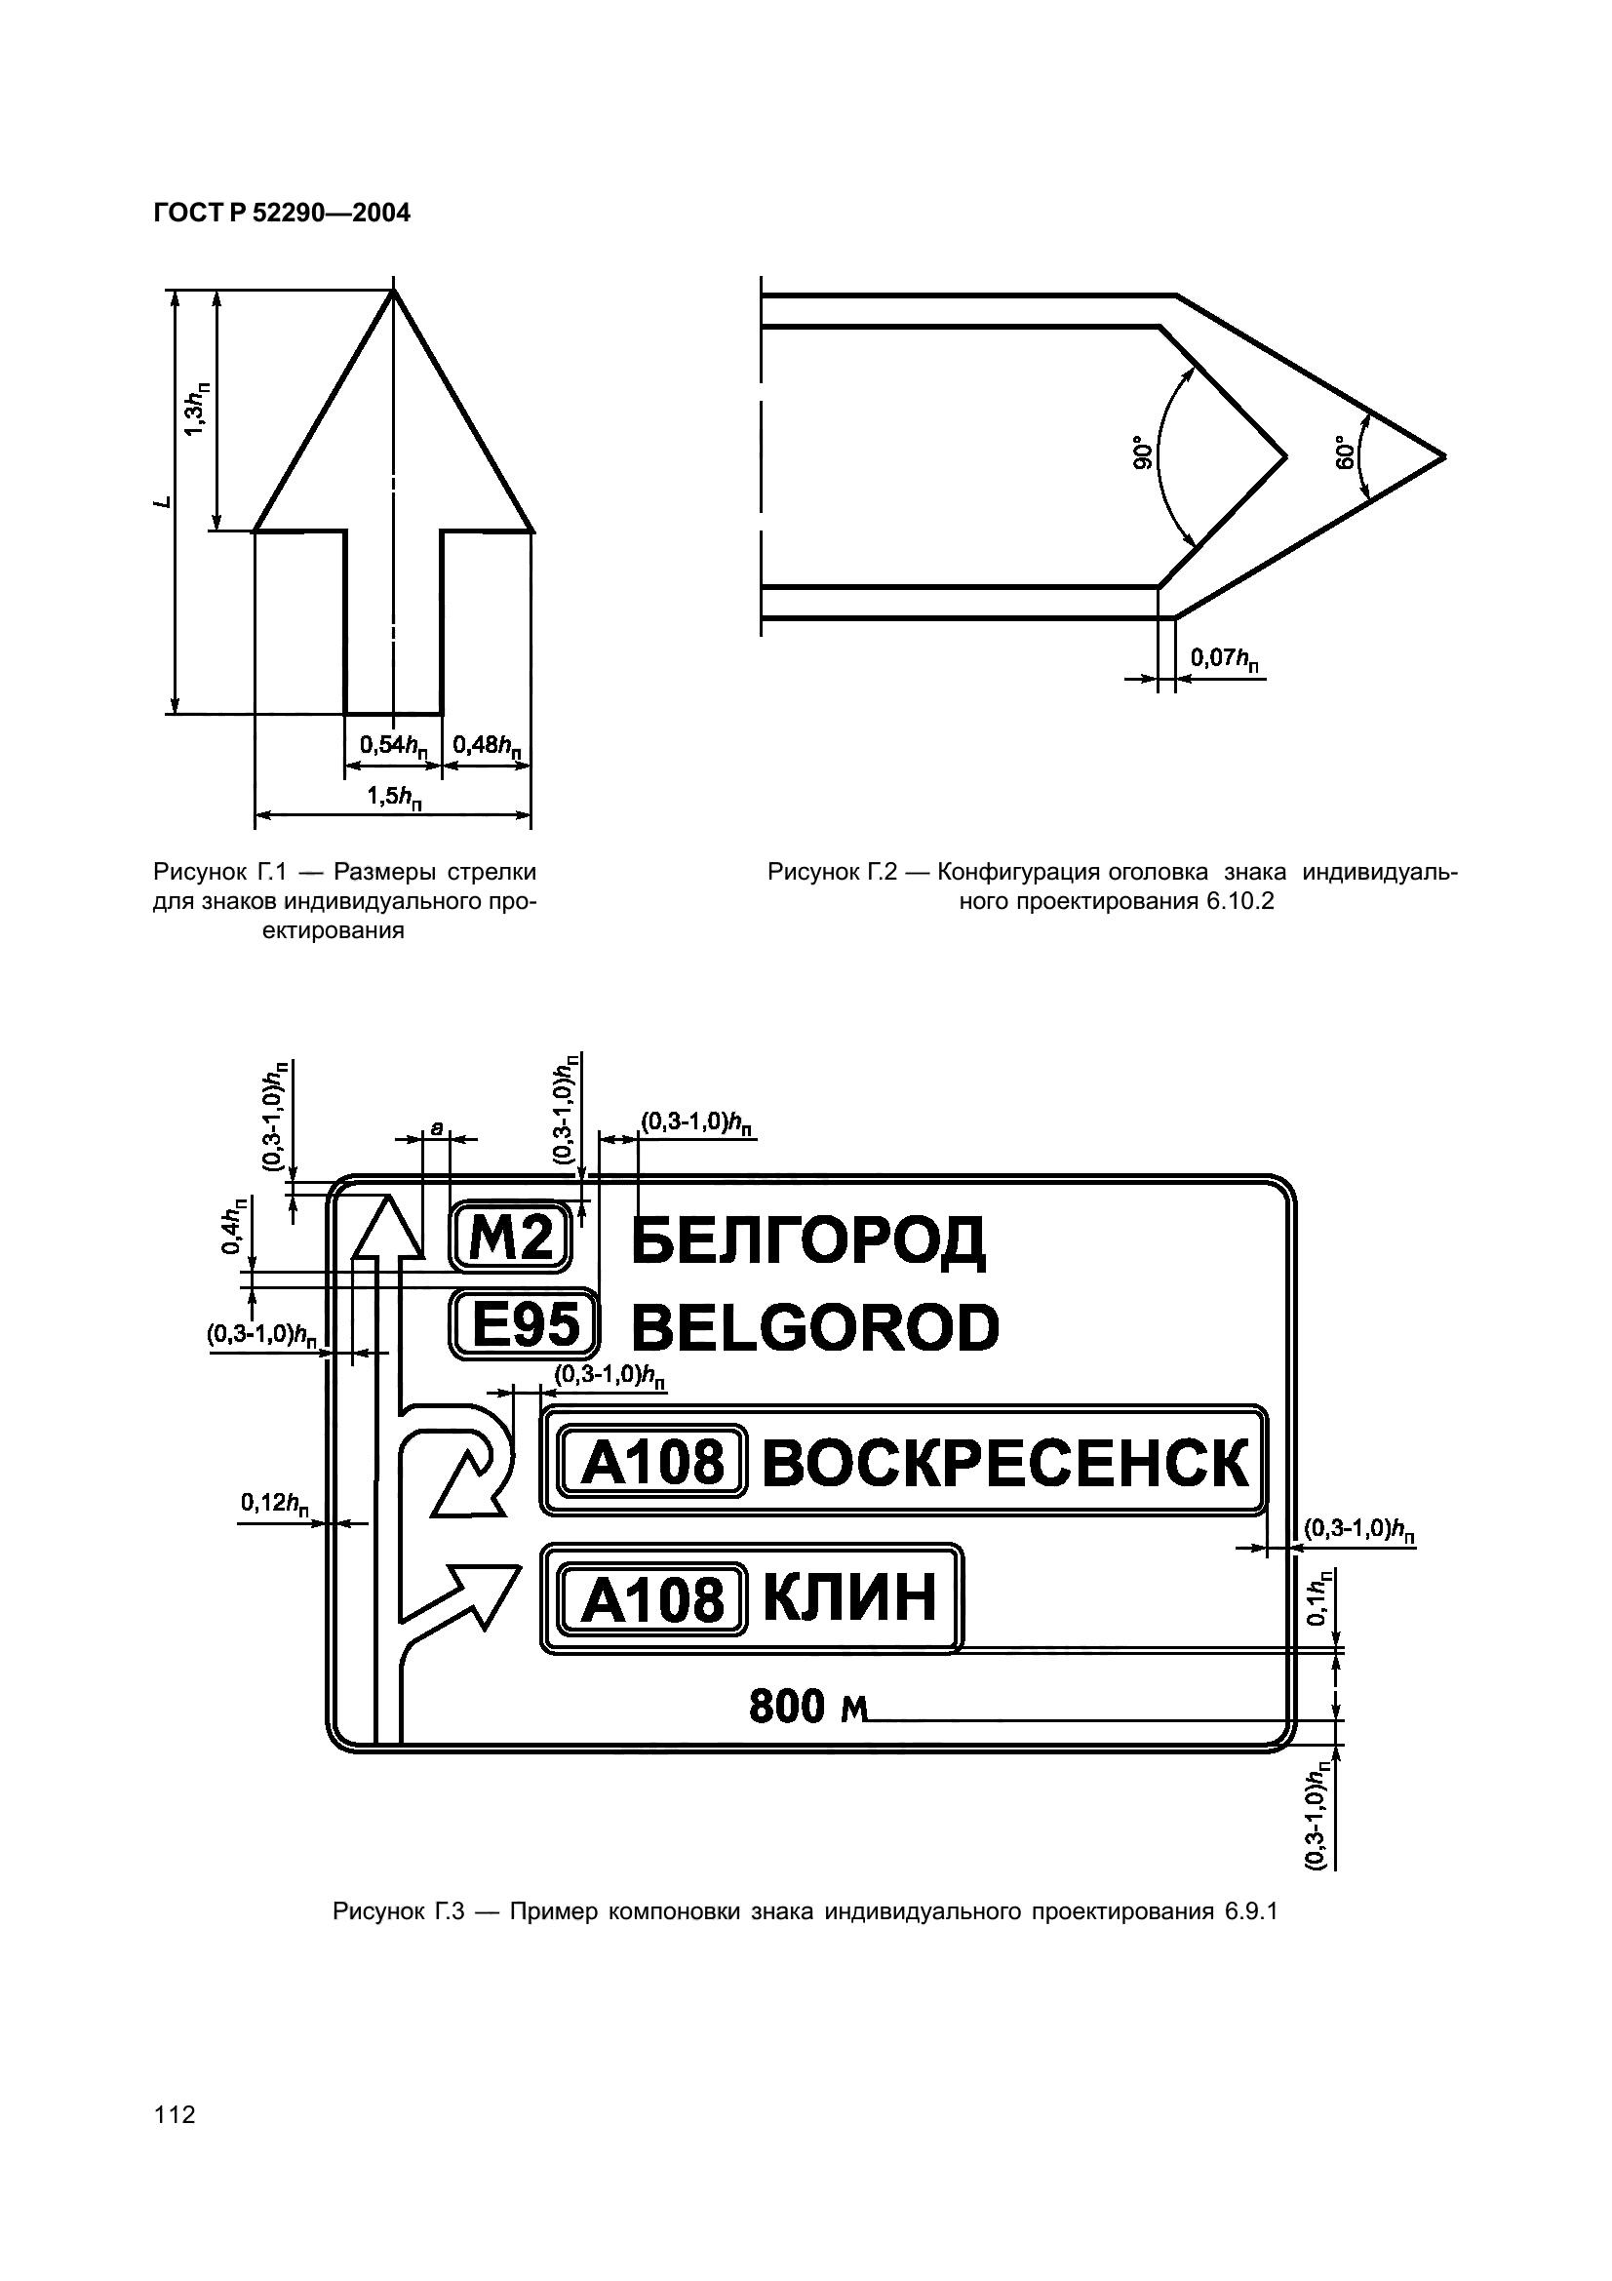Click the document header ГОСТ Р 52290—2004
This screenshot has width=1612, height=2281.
pos(281,214)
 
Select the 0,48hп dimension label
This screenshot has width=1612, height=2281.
pos(488,745)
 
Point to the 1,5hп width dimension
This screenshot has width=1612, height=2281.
pos(394,797)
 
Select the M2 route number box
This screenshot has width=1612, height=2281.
pos(511,1238)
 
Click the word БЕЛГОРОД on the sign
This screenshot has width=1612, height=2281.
pos(807,1240)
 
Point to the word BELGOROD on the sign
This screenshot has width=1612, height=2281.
pos(814,1328)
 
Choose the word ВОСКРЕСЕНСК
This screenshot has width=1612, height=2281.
pos(1005,1464)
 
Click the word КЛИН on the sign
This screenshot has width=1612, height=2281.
pos(850,1598)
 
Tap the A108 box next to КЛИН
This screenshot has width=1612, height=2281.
pos(652,1600)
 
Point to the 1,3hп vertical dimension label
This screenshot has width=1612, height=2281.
pos(198,409)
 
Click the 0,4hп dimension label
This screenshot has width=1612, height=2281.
pos(232,1228)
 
